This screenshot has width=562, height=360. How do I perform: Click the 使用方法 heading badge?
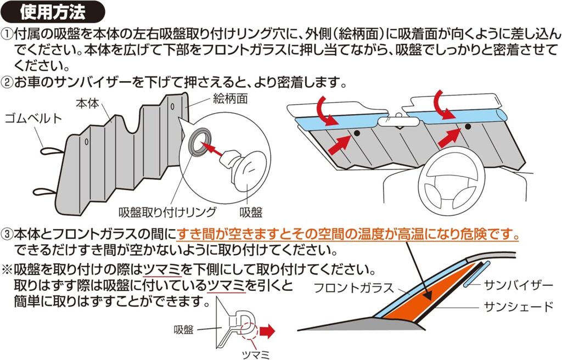point(54,11)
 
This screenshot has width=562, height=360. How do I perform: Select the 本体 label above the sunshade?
point(87,103)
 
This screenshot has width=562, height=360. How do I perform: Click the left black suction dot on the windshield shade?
point(356,133)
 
